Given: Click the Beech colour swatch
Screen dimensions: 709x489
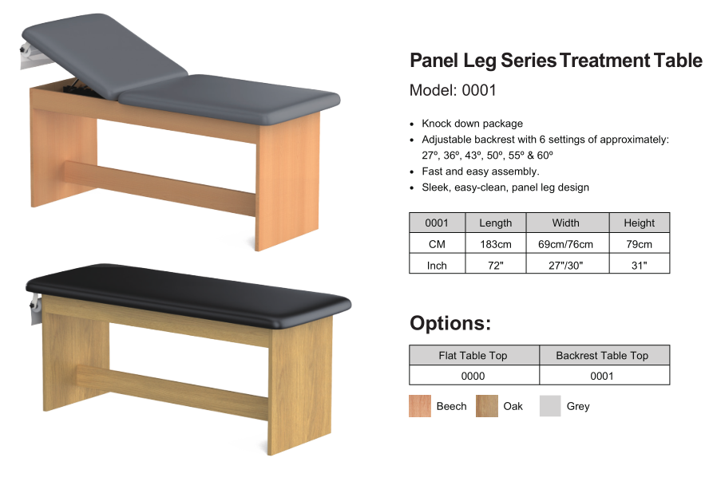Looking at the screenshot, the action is tap(420, 406).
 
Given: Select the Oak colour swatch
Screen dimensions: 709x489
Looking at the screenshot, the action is tap(486, 406).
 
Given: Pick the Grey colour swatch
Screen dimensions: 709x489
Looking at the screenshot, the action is tap(550, 406).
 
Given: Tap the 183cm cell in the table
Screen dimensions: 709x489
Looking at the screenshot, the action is tap(496, 244).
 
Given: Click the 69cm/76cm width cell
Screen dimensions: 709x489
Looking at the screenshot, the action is tap(565, 244).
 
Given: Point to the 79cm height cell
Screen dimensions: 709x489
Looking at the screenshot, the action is tap(639, 244).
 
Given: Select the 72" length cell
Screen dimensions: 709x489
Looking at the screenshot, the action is tap(496, 265).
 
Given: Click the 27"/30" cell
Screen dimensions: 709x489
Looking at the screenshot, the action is tap(565, 265).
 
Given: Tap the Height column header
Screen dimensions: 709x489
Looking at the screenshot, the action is tap(639, 223).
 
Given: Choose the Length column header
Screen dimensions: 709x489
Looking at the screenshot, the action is tap(496, 223).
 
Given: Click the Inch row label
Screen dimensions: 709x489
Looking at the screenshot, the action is tap(437, 265).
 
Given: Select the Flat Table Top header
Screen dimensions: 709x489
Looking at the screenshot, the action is tap(473, 356).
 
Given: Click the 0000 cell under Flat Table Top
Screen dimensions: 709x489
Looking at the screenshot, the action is tap(473, 376).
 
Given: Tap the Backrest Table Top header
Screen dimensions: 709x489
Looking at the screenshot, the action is tap(602, 356).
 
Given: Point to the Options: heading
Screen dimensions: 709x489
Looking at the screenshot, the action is tap(450, 323).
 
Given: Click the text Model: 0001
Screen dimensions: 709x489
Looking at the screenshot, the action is tap(453, 90).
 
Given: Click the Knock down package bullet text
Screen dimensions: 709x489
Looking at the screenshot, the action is tap(472, 124).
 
